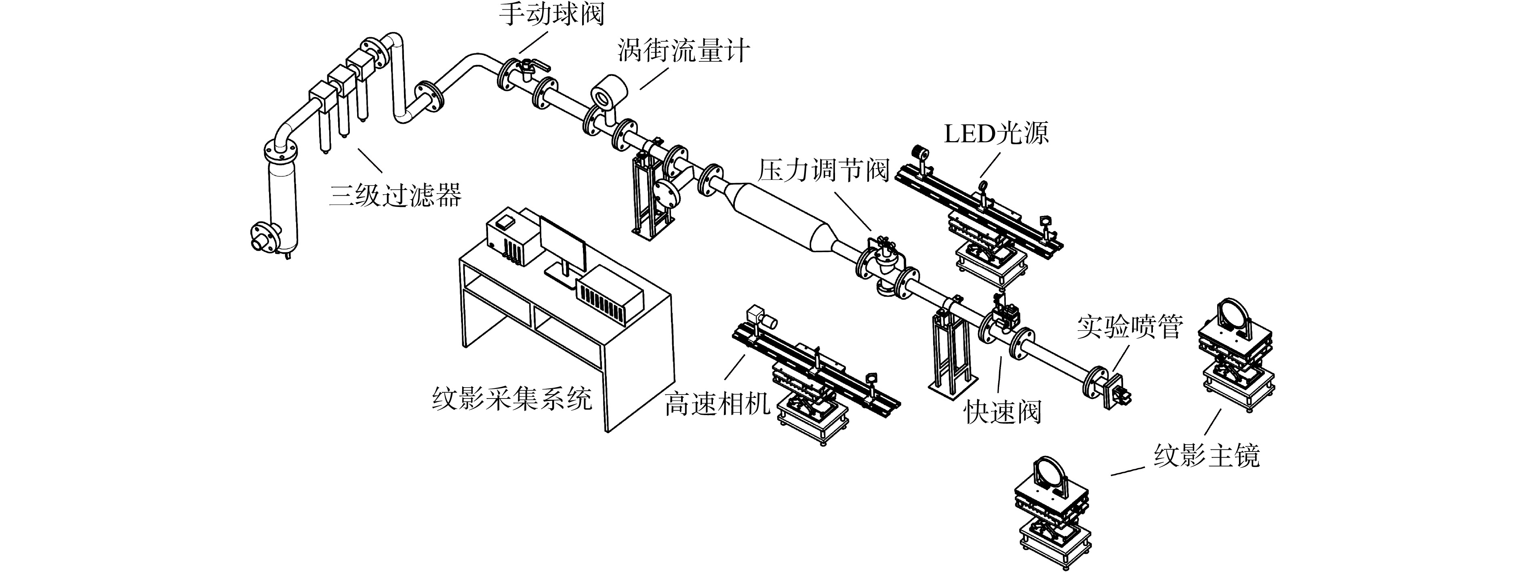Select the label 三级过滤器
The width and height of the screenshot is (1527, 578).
coord(395,194)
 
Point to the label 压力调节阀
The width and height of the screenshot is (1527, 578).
coord(824,171)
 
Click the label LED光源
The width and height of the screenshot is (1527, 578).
coord(996,133)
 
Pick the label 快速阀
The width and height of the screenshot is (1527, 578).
coord(1002,411)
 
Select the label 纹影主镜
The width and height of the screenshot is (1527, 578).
coord(1206,455)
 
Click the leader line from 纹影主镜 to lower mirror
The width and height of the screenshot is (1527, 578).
coord(1127,471)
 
